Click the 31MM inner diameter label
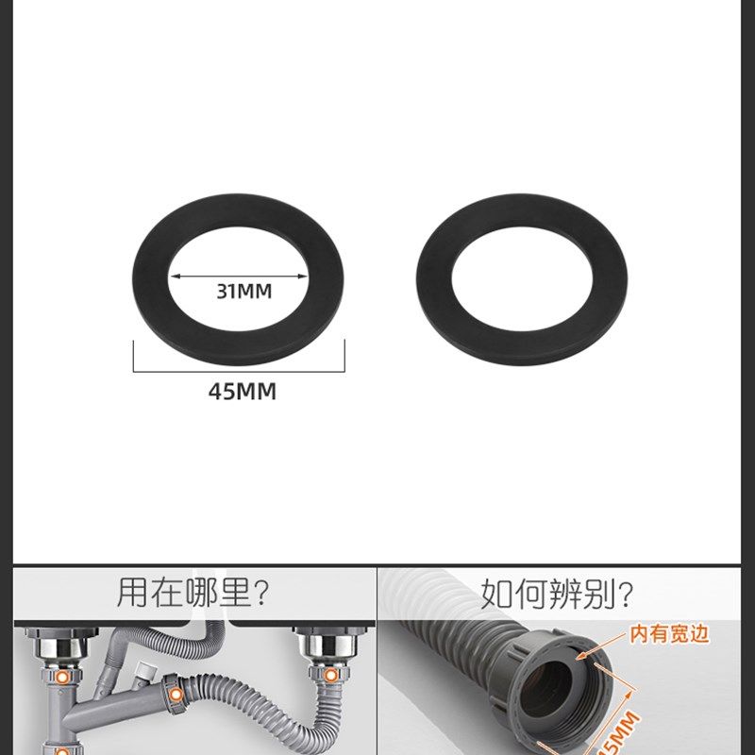tap(243, 292)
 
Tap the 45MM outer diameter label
tap(243, 391)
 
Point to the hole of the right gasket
tap(522, 283)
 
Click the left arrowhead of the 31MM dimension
tap(175, 277)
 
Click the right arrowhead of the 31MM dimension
tap(304, 277)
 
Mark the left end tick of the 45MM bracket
tap(133, 357)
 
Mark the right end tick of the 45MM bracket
tap(344, 357)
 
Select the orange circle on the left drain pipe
tap(62, 677)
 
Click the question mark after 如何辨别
tap(623, 595)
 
